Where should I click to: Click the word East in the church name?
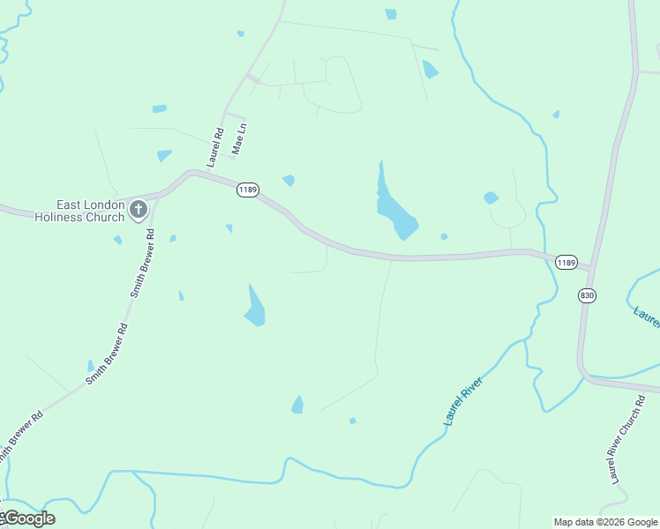click(71, 205)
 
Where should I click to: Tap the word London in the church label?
click(106, 205)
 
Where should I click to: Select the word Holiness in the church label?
click(57, 217)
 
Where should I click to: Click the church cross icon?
click(138, 210)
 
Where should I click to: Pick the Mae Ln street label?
click(237, 139)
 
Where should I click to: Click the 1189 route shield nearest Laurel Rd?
click(247, 190)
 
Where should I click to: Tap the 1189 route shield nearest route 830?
click(566, 263)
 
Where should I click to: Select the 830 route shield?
click(587, 295)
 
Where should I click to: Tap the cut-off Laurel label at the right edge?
click(647, 315)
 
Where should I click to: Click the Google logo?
click(28, 518)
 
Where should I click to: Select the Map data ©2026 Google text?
click(606, 522)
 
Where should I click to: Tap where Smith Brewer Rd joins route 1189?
click(158, 197)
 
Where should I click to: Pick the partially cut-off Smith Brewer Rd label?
click(19, 437)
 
